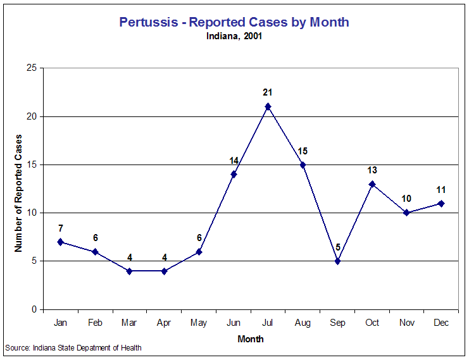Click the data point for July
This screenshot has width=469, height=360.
click(268, 106)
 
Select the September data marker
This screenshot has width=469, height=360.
click(337, 261)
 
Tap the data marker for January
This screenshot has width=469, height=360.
click(60, 242)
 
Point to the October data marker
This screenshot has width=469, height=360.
click(372, 184)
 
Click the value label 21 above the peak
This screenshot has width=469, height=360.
click(268, 92)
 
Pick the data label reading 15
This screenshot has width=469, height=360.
click(303, 151)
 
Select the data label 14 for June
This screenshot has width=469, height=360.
click(234, 161)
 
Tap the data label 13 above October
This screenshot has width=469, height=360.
click(372, 170)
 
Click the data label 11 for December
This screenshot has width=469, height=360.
click(441, 189)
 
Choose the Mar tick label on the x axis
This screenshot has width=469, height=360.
click(129, 323)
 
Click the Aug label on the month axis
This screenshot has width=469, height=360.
click(303, 323)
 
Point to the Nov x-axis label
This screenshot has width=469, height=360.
click(407, 323)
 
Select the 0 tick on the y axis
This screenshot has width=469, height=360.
click(34, 309)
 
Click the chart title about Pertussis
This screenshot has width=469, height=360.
click(234, 22)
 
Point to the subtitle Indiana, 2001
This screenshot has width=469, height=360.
click(234, 36)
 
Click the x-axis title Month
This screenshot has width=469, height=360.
click(251, 338)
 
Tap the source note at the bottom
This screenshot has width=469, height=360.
click(73, 347)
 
